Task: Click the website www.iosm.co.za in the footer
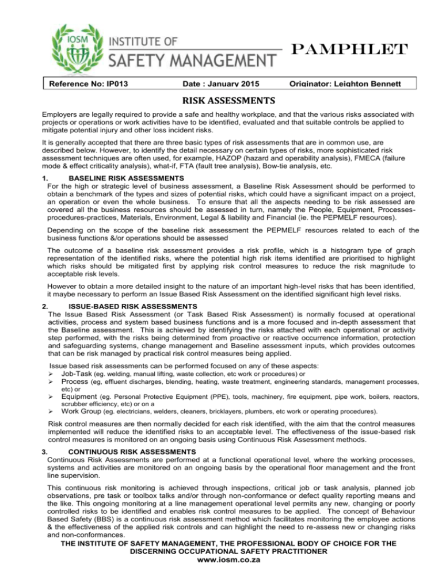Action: click(221, 565)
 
